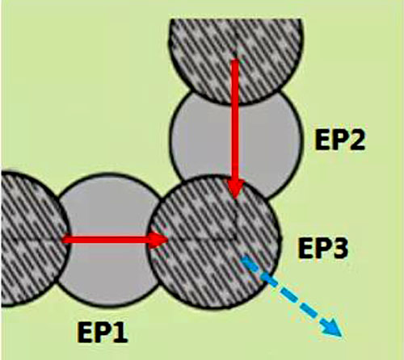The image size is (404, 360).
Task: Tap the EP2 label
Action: pos(340,140)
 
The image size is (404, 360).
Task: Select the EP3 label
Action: pos(322,249)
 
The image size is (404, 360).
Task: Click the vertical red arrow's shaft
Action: pos(235,120)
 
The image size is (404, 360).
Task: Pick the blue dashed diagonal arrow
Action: pos(292,296)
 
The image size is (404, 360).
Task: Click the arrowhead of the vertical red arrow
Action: pos(236,189)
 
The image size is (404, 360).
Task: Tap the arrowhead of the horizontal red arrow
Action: pos(158,239)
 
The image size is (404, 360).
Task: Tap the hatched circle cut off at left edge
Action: pos(32,239)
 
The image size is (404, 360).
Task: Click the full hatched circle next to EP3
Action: pos(213,241)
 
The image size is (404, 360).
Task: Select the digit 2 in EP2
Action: pos(356,140)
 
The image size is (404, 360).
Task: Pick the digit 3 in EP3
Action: pos(339,249)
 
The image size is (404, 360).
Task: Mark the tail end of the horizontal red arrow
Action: pos(63,239)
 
